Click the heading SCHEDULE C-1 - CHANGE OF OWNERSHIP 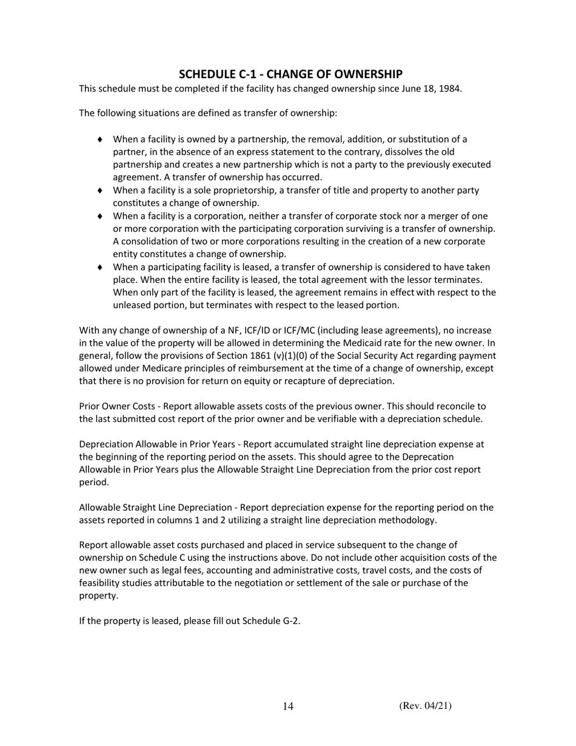290,74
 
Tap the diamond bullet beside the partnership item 100,140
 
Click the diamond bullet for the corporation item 100,217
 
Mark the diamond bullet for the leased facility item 100,267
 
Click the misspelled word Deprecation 426,457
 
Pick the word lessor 434,280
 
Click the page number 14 288,706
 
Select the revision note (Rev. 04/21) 425,705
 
